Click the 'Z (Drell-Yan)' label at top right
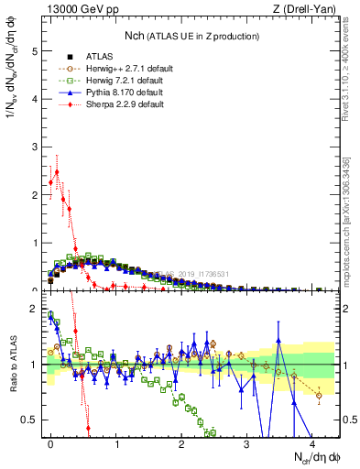pyautogui.click(x=305, y=10)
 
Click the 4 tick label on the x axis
pyautogui.click(x=312, y=448)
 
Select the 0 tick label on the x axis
pyautogui.click(x=50, y=448)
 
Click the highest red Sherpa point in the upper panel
pyautogui.click(x=57, y=171)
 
